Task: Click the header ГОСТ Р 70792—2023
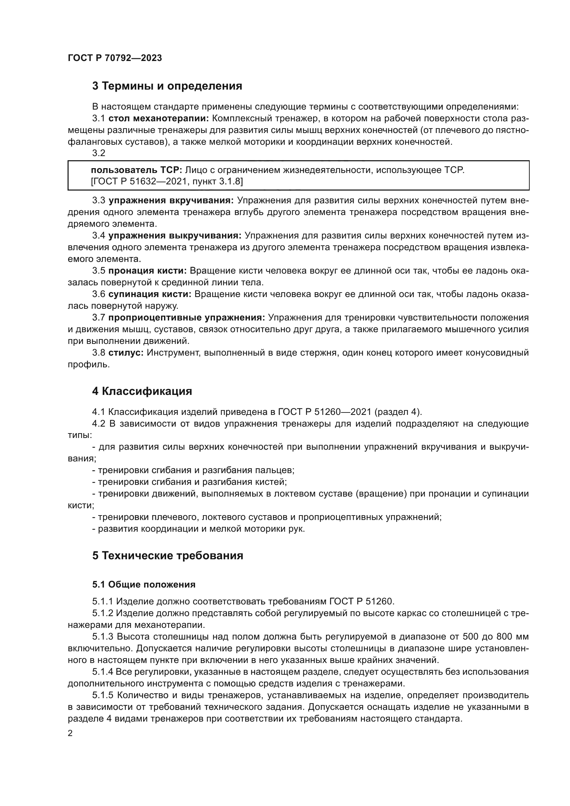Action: tap(115, 58)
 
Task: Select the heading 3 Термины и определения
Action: tap(167, 86)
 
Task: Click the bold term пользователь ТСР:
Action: tap(136, 170)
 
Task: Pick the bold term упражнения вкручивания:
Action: tap(171, 201)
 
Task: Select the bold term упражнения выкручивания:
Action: tap(174, 236)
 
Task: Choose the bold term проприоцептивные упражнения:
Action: tap(186, 318)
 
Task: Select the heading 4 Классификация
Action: tap(142, 391)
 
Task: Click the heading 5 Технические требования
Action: tap(167, 556)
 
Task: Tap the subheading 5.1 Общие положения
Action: tap(144, 584)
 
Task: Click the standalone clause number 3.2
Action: tap(99, 153)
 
